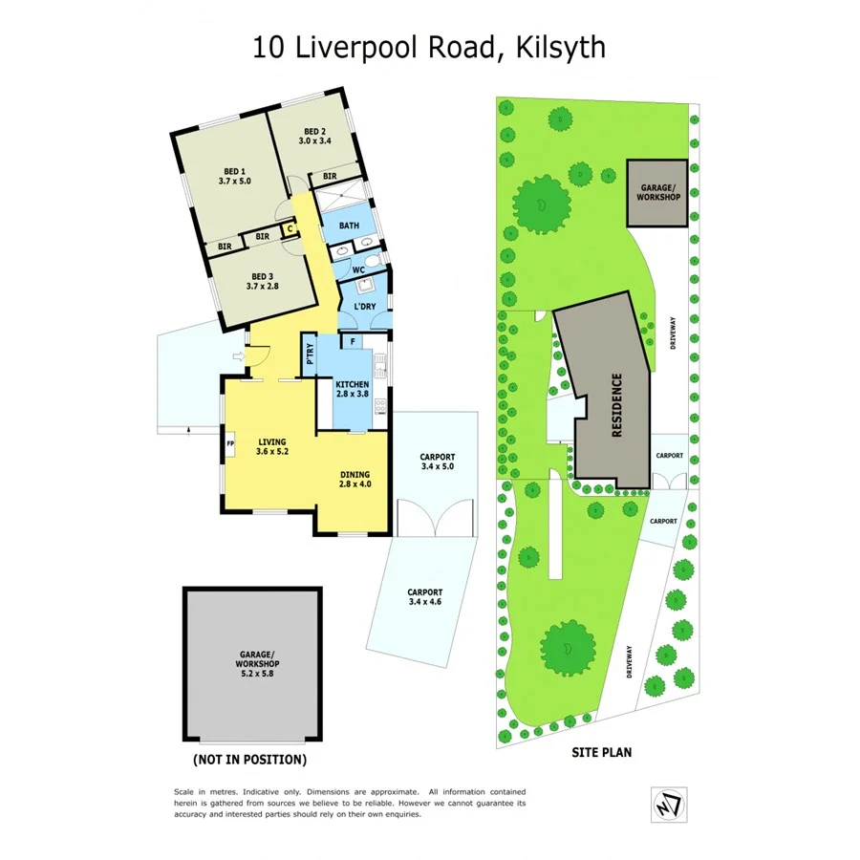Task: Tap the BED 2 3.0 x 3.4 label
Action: [315, 136]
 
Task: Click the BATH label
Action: [348, 226]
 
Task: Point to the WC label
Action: [359, 270]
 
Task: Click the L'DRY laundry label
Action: [365, 306]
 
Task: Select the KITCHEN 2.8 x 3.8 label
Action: [352, 388]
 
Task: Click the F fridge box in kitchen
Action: [354, 341]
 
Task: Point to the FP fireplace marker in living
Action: [230, 443]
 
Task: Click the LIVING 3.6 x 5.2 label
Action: [271, 446]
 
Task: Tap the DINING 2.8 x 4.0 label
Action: [355, 479]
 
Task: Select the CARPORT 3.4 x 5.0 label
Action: [438, 462]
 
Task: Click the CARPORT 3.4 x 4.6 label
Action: [425, 597]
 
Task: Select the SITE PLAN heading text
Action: [601, 752]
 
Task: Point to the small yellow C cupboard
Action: [287, 228]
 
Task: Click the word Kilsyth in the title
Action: [563, 47]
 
